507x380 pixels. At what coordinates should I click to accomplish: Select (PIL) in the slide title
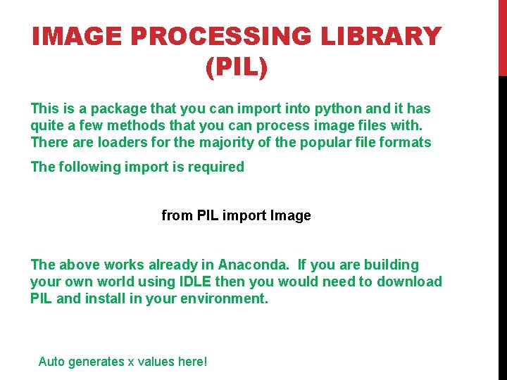pyautogui.click(x=237, y=68)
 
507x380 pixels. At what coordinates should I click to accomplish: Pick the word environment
pyautogui.click(x=223, y=298)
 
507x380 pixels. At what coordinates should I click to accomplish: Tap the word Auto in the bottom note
pyautogui.click(x=51, y=362)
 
